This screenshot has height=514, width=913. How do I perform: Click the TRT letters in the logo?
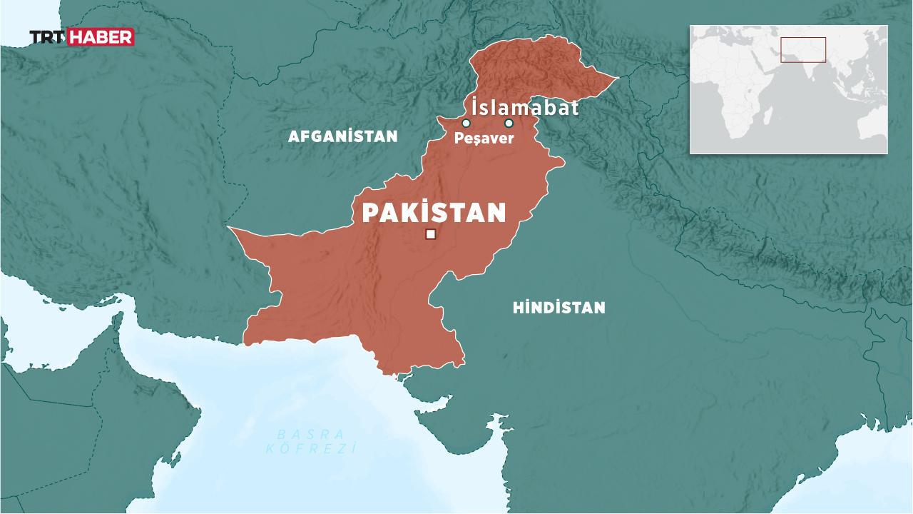pyautogui.click(x=47, y=37)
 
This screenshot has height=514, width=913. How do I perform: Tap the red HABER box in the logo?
pyautogui.click(x=100, y=37)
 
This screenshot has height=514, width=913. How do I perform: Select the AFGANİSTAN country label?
pyautogui.click(x=342, y=136)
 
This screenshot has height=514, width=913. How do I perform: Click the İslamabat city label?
pyautogui.click(x=524, y=108)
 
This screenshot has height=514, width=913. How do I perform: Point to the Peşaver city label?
pyautogui.click(x=484, y=138)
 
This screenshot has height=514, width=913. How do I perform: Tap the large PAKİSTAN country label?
pyautogui.click(x=434, y=213)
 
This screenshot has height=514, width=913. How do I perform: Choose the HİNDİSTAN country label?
pyautogui.click(x=558, y=308)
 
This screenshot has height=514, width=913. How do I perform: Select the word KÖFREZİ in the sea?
pyautogui.click(x=310, y=448)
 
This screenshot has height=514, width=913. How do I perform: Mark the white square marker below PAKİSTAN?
pyautogui.click(x=430, y=234)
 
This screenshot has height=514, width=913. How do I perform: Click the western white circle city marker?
pyautogui.click(x=466, y=123)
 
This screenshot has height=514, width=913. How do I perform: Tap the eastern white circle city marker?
pyautogui.click(x=509, y=123)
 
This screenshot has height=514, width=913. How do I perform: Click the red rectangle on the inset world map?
pyautogui.click(x=802, y=50)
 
